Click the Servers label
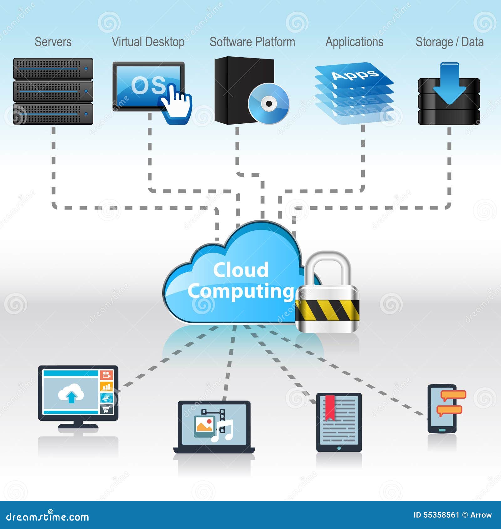point(53,42)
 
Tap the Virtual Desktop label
point(148,42)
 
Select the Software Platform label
point(252,42)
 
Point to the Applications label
point(354,42)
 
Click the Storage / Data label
point(449,42)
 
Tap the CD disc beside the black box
point(269,103)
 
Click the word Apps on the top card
point(355,74)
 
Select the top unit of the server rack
point(53,68)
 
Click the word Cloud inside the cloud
point(241,270)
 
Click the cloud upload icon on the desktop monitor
point(71,393)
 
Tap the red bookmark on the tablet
point(330,407)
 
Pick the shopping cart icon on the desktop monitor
point(106,409)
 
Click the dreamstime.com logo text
point(48,517)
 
